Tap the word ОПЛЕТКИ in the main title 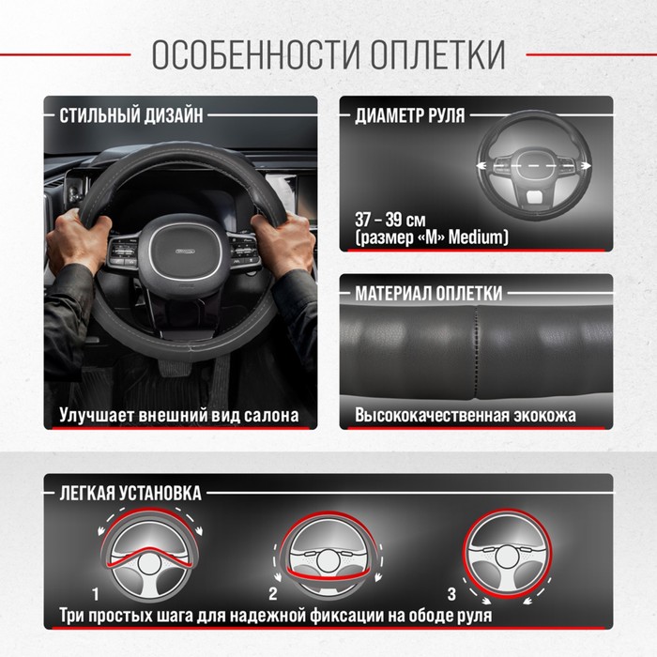pyautogui.click(x=438, y=54)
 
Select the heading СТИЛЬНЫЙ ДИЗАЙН pyautogui.click(x=131, y=115)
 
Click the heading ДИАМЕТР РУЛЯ pyautogui.click(x=410, y=115)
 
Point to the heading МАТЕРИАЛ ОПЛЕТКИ pyautogui.click(x=429, y=293)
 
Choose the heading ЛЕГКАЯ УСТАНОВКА pyautogui.click(x=130, y=493)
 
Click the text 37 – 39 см pyautogui.click(x=390, y=220)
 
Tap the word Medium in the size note pyautogui.click(x=478, y=237)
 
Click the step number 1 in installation pyautogui.click(x=96, y=594)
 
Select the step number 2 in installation pyautogui.click(x=273, y=594)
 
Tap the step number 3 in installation pyautogui.click(x=451, y=594)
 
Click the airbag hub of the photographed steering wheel pyautogui.click(x=185, y=251)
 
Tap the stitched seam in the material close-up pyautogui.click(x=476, y=351)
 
